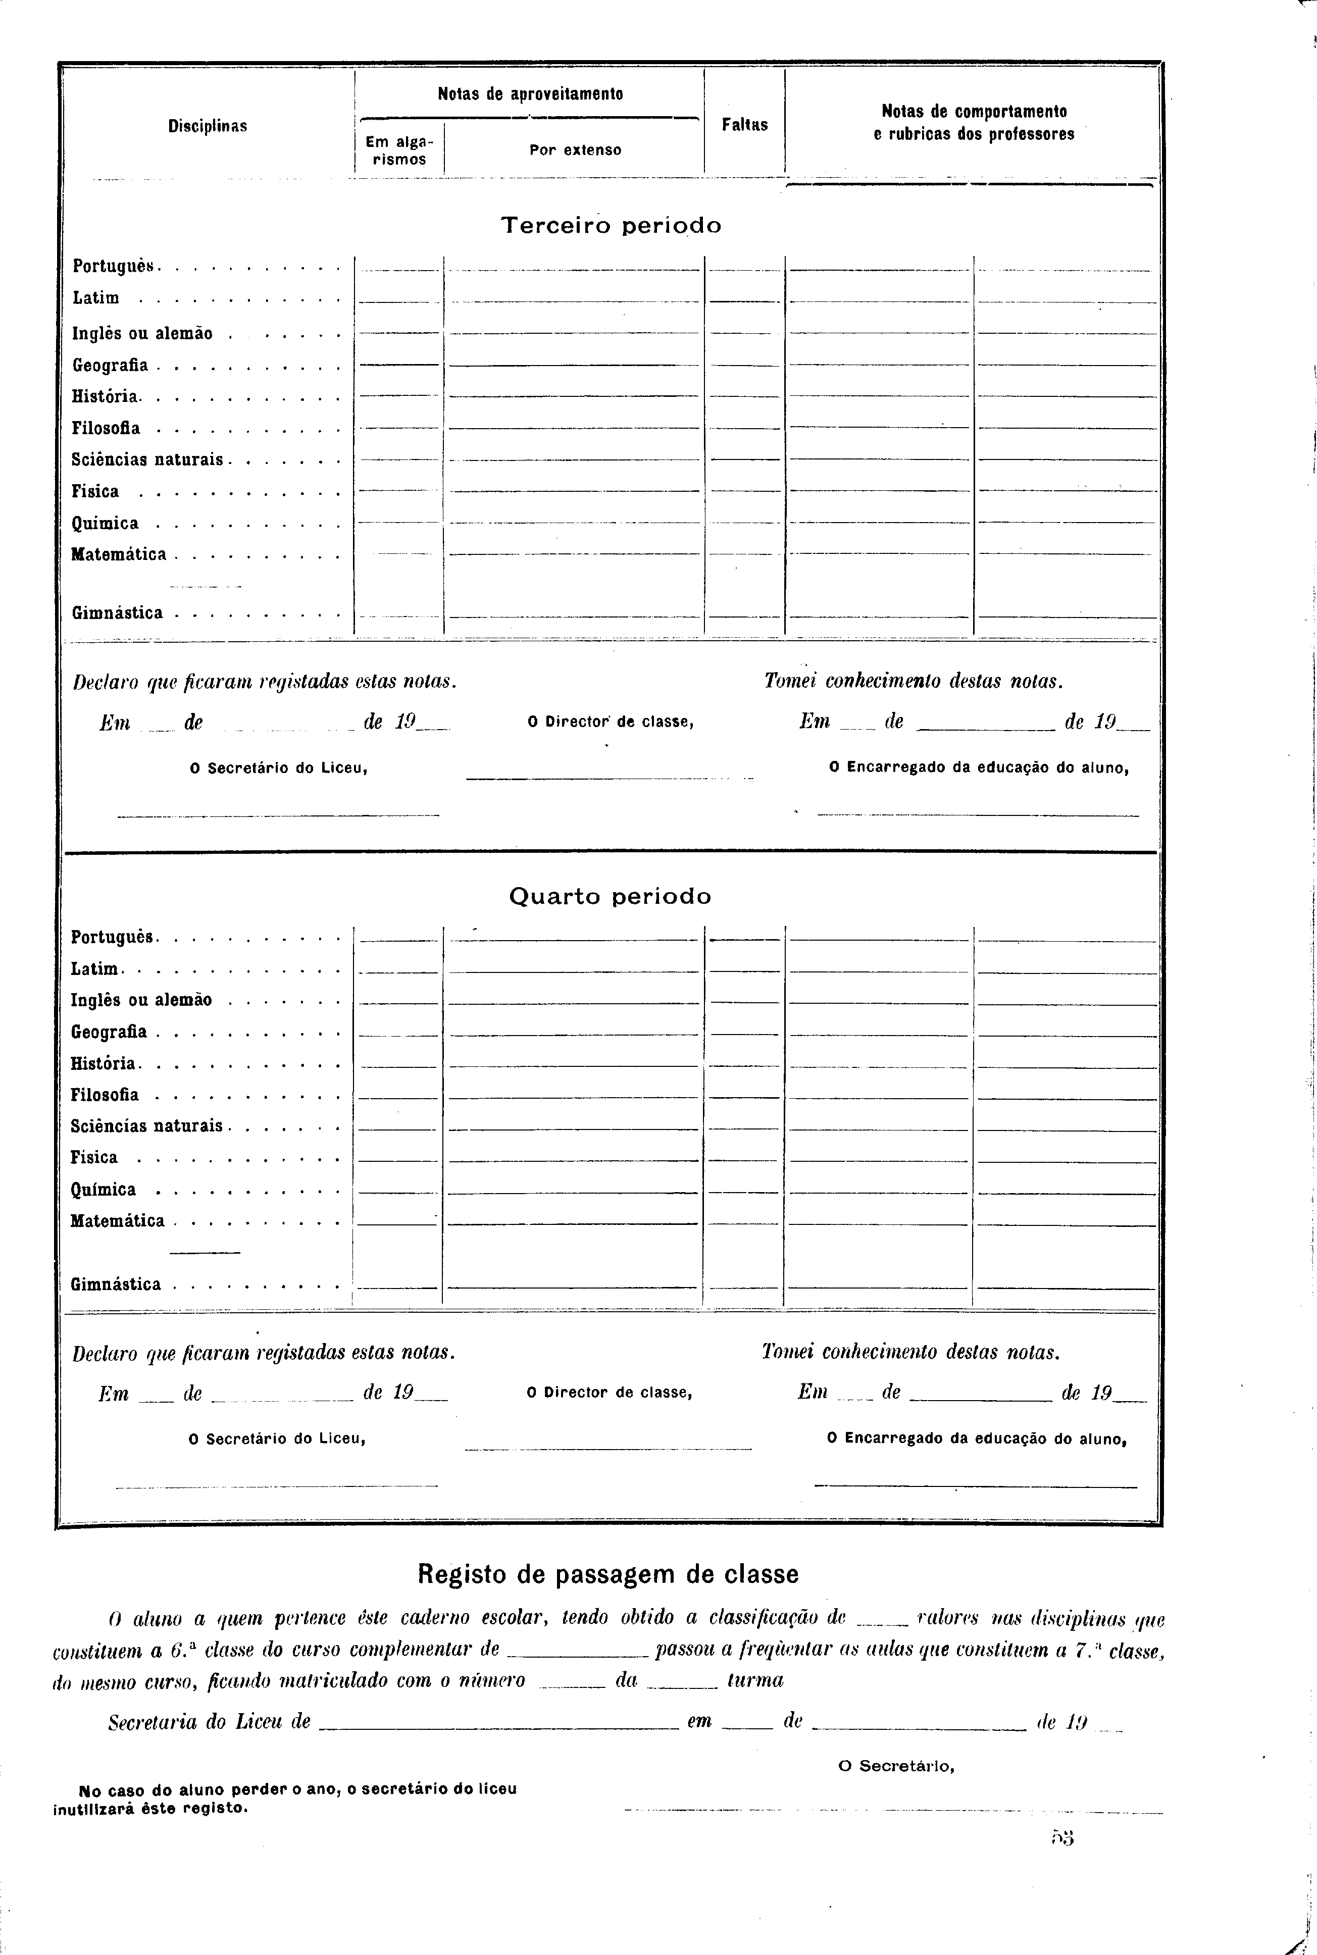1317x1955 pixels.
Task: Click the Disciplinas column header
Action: [208, 126]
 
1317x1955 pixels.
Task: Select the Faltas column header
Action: [745, 124]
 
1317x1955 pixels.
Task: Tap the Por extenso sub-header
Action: [575, 150]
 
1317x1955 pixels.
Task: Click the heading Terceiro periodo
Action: [611, 225]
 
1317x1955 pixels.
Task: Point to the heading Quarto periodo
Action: [610, 896]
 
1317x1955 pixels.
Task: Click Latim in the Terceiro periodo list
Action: [96, 298]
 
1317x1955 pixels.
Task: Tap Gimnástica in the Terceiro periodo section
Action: [118, 613]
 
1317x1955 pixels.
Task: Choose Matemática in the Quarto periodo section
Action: [118, 1221]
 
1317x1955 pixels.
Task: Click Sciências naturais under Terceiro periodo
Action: [148, 460]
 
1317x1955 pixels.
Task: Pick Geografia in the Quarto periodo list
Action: [109, 1032]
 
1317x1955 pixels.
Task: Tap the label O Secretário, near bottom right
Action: [896, 1766]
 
